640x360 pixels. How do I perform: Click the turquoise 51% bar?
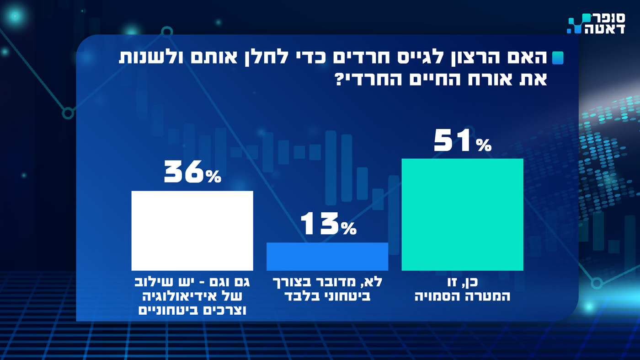point(462,214)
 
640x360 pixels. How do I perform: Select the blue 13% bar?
point(327,256)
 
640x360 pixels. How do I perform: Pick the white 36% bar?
point(192,231)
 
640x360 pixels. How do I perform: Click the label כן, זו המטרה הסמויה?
point(462,290)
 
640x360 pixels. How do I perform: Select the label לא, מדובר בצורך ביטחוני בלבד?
point(327,290)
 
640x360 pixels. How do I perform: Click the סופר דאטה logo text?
point(604,23)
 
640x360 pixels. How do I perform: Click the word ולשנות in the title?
point(154,58)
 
